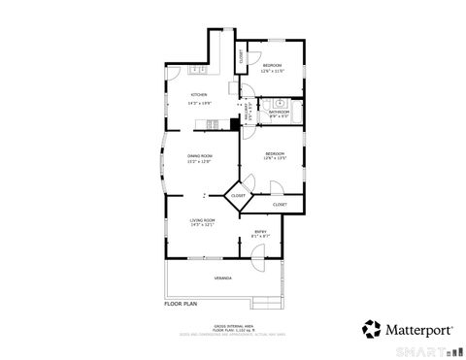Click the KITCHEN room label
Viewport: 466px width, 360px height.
tap(200, 95)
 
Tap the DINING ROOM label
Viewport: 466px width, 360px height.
tap(200, 155)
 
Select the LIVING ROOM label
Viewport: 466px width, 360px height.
tap(202, 220)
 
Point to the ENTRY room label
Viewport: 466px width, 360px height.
tap(261, 230)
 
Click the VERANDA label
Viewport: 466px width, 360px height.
tap(222, 278)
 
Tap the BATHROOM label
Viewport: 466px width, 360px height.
tap(279, 112)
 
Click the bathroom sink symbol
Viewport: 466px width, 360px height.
tap(279, 102)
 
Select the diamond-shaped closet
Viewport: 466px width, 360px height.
tap(238, 196)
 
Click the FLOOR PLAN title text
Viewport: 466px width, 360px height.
tap(180, 304)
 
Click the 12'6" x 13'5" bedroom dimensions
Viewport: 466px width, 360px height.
tap(275, 159)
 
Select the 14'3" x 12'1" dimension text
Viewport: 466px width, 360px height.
tap(202, 226)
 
